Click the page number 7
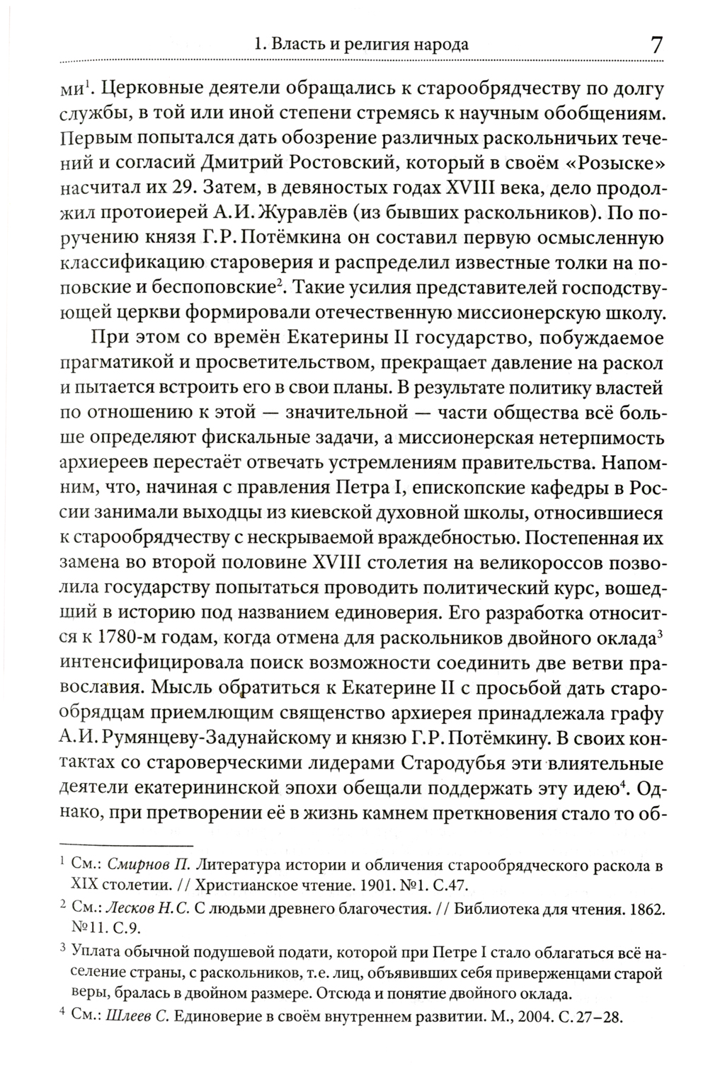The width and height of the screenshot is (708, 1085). click(656, 45)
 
